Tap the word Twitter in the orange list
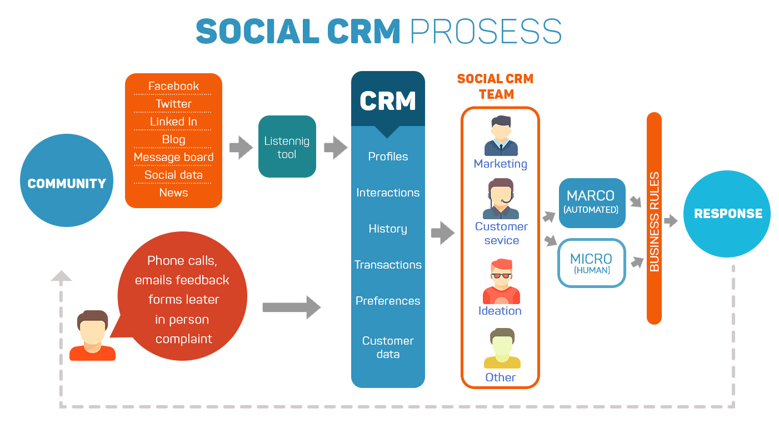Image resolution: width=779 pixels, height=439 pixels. [x=173, y=104]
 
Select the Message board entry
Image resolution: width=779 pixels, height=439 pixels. [x=173, y=157]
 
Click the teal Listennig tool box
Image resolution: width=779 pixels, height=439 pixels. [x=287, y=147]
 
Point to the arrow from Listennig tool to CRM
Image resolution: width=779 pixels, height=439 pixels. [x=335, y=148]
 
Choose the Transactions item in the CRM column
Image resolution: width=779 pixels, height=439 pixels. [x=388, y=265]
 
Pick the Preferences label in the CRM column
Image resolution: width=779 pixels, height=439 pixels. [x=388, y=301]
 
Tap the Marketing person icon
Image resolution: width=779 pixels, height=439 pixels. [x=501, y=136]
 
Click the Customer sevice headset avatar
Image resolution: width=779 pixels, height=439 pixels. [x=501, y=199]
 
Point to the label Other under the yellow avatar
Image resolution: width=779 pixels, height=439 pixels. [x=501, y=377]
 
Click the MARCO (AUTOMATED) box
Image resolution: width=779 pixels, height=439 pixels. [x=591, y=203]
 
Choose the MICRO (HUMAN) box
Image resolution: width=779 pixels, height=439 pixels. [x=591, y=263]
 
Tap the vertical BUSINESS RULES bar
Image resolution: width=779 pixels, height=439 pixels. [x=654, y=218]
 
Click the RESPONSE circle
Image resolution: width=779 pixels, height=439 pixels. [x=727, y=214]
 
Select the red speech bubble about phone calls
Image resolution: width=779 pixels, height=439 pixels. [x=183, y=300]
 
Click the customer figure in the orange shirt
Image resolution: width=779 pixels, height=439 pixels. [x=92, y=336]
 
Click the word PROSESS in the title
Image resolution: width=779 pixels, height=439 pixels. [x=486, y=31]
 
